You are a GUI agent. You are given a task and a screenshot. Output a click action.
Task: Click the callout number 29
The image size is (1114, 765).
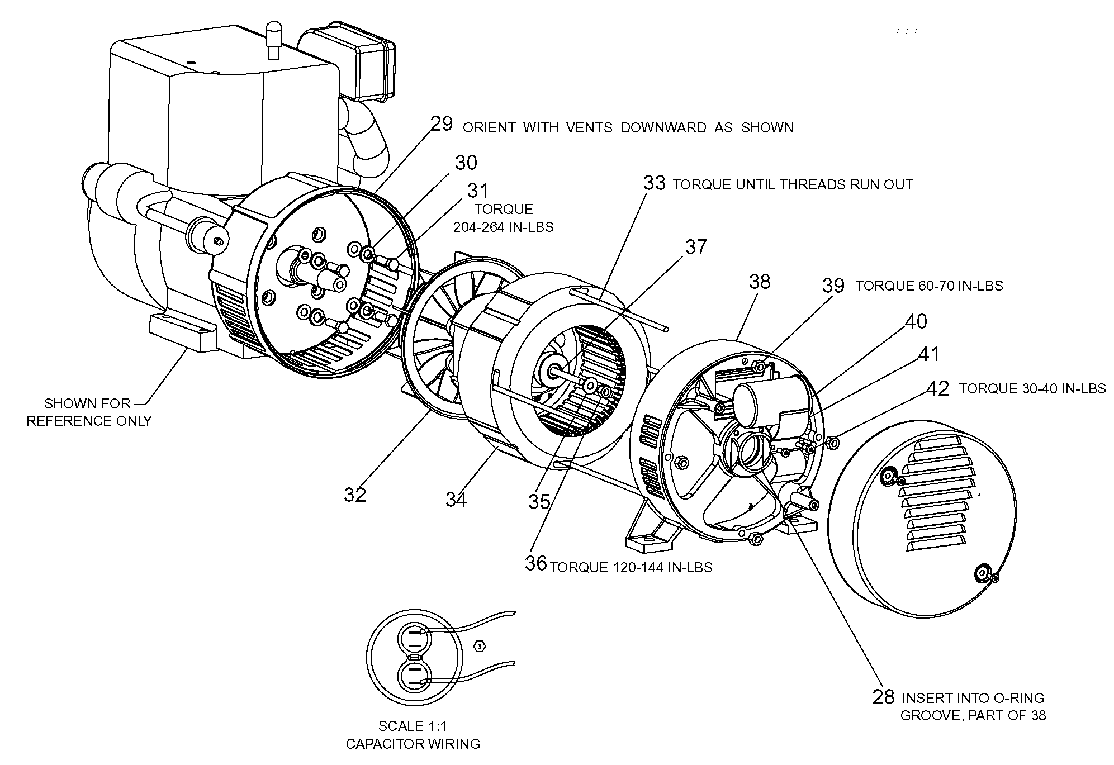(442, 124)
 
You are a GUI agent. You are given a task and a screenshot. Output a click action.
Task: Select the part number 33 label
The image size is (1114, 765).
(655, 183)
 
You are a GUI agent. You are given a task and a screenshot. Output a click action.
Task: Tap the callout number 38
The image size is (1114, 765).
(760, 282)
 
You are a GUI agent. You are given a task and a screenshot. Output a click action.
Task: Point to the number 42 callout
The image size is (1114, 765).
(937, 389)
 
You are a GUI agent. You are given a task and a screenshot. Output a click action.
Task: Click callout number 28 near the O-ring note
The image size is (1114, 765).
(883, 697)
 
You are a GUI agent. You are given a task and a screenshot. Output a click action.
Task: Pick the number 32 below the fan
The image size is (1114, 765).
(355, 495)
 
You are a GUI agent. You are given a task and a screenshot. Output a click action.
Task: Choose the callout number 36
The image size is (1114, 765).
(535, 563)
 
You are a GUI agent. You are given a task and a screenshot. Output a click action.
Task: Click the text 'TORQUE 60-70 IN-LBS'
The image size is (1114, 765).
(929, 286)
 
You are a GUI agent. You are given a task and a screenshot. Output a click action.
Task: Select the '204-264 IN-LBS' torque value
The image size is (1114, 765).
(504, 227)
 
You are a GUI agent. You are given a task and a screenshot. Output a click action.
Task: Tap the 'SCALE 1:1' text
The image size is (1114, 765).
(413, 726)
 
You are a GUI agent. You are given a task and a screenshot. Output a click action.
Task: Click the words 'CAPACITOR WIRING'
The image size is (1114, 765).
(413, 744)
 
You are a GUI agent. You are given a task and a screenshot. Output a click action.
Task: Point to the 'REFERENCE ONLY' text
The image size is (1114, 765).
(89, 421)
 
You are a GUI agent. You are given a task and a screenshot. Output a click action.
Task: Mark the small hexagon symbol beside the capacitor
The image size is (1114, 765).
(479, 647)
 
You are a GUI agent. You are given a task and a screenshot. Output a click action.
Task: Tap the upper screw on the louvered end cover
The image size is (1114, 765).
(887, 476)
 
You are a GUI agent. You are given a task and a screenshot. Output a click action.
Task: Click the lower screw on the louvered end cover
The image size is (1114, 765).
(982, 572)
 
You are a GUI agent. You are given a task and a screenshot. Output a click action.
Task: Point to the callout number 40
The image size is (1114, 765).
(916, 322)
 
